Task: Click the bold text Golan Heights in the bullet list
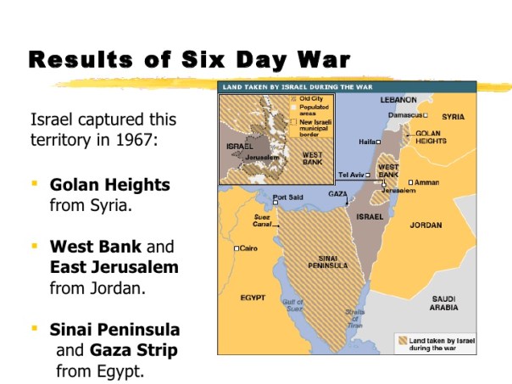coord(110,185)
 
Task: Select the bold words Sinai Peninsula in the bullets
coord(115,329)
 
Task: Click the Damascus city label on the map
coord(405,114)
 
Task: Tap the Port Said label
coord(287,198)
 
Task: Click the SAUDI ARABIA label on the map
coord(444,303)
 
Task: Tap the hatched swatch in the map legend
coord(404,342)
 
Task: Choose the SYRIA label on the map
coord(453,116)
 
